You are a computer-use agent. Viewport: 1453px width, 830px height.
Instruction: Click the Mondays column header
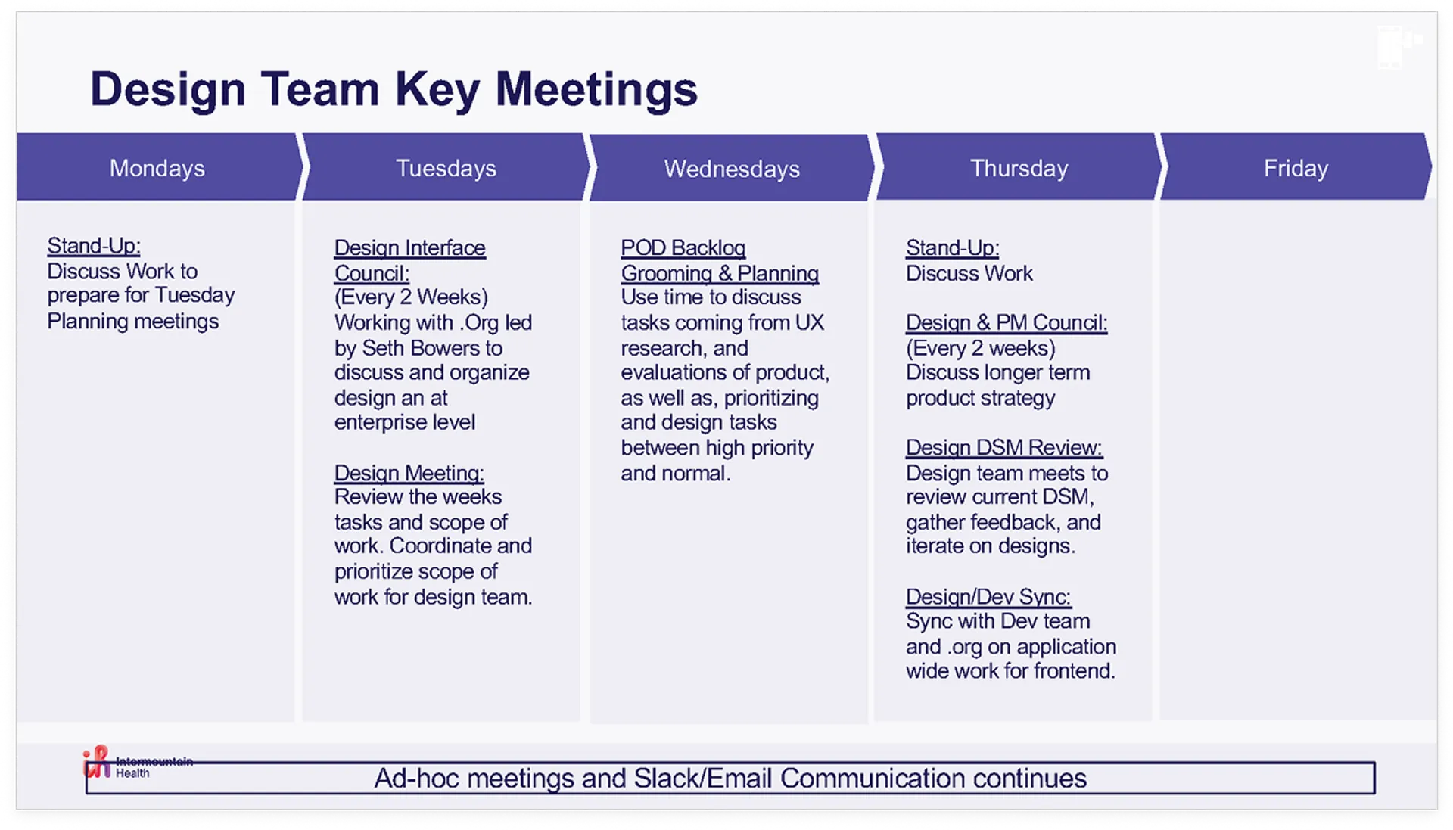point(157,168)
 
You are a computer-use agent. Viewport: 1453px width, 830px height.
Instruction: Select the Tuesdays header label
point(446,168)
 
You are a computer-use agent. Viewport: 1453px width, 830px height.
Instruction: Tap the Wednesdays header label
point(732,169)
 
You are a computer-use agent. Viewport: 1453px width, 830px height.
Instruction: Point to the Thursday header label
point(1019,168)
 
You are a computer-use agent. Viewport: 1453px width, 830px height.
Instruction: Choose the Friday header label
point(1296,168)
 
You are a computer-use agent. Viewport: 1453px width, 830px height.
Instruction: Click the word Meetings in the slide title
point(596,90)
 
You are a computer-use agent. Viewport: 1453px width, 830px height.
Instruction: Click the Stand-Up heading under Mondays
point(94,246)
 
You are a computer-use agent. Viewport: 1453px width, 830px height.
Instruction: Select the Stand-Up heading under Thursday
point(953,248)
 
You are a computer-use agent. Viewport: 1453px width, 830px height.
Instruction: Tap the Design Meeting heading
point(409,473)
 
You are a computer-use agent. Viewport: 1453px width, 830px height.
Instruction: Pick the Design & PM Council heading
point(1007,322)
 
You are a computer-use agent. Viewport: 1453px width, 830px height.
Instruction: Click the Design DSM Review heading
point(1004,448)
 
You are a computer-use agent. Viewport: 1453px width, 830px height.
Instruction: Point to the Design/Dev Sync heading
point(988,597)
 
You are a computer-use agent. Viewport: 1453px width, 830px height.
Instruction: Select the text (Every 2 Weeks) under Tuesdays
point(411,297)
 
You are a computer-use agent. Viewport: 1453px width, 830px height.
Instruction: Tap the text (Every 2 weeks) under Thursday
point(981,348)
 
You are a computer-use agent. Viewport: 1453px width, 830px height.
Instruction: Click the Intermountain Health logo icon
point(97,762)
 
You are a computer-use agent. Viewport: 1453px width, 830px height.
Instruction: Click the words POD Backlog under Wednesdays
point(683,248)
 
